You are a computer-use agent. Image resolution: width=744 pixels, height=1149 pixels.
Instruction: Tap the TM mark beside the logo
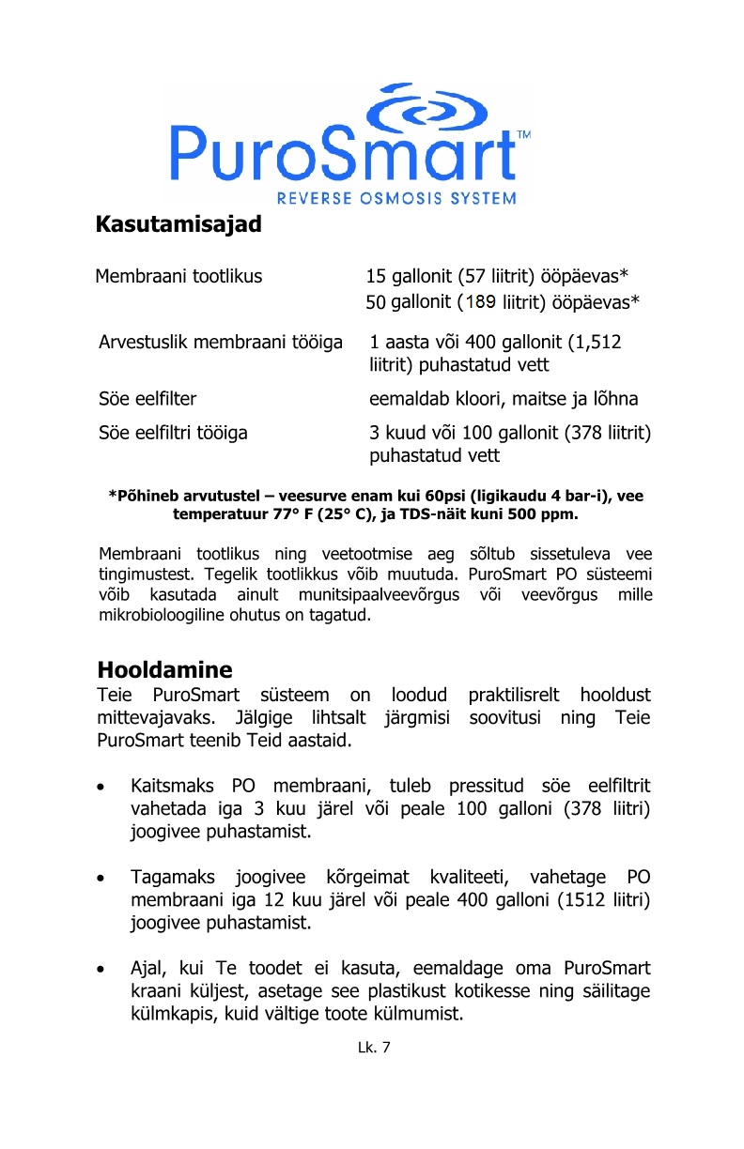(524, 135)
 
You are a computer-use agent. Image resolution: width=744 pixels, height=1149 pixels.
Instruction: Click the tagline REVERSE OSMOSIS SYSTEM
(396, 198)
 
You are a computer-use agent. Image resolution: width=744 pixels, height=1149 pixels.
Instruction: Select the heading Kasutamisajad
(178, 226)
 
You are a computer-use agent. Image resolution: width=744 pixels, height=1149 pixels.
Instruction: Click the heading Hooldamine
(164, 670)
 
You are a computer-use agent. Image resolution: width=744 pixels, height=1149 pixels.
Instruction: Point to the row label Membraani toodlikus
(178, 276)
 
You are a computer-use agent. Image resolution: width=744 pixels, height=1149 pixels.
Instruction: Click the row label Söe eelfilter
(147, 399)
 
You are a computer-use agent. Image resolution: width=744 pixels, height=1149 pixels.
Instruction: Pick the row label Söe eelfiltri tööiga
(173, 433)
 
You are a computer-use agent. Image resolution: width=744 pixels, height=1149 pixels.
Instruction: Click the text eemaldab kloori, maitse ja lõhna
(504, 399)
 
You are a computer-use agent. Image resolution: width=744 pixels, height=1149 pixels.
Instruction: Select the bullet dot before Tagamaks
(110, 879)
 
